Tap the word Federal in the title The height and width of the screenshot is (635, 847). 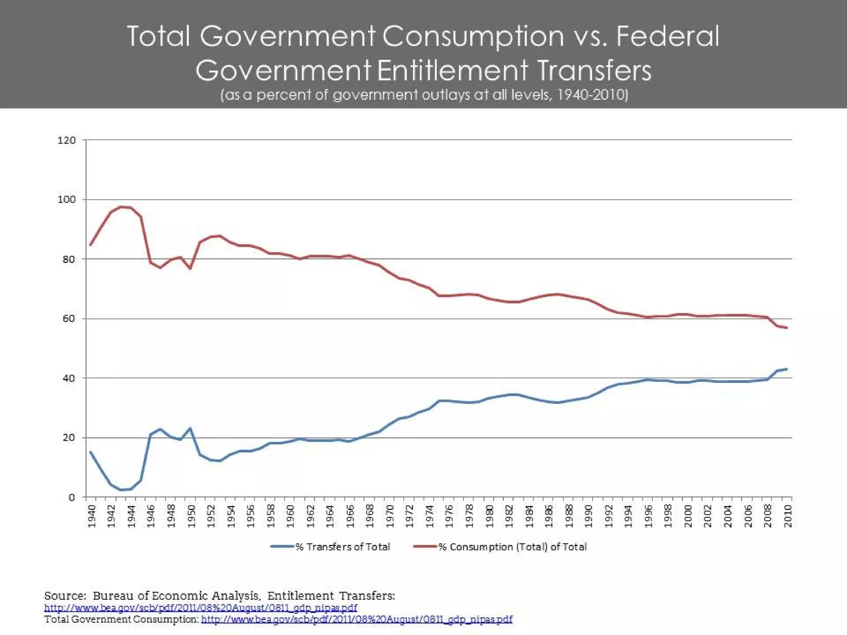(668, 36)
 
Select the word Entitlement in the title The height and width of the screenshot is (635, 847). (452, 70)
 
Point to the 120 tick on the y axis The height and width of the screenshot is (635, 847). (67, 141)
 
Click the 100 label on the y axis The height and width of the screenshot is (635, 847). (67, 200)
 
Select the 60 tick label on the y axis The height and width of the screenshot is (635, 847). (69, 319)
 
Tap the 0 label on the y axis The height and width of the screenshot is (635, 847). (72, 497)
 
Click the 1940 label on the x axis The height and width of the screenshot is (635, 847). (92, 516)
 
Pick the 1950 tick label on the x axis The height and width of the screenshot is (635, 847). (191, 516)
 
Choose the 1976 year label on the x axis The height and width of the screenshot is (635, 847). (450, 516)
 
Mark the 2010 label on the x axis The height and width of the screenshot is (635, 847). (788, 516)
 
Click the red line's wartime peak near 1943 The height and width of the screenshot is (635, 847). (121, 207)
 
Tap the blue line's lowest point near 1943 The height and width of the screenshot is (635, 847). (121, 490)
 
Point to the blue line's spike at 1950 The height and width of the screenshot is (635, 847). (190, 428)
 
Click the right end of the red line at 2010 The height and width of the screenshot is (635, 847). (786, 328)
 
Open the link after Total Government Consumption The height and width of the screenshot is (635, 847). (357, 619)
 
